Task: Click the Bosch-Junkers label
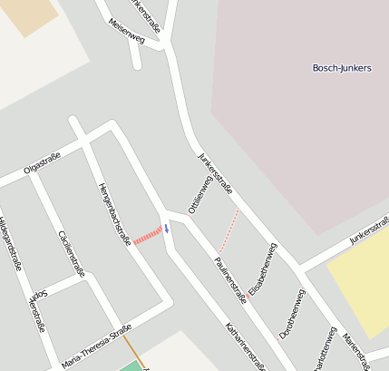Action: pyautogui.click(x=341, y=68)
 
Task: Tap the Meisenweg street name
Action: pyautogui.click(x=126, y=32)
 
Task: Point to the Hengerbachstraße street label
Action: pyautogui.click(x=114, y=213)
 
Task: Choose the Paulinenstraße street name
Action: pyautogui.click(x=229, y=278)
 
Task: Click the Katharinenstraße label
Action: pyautogui.click(x=245, y=347)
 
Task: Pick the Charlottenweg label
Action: pyautogui.click(x=324, y=349)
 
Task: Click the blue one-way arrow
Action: pyautogui.click(x=166, y=229)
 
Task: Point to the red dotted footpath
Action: pyautogui.click(x=229, y=230)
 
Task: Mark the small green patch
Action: pyautogui.click(x=132, y=366)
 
